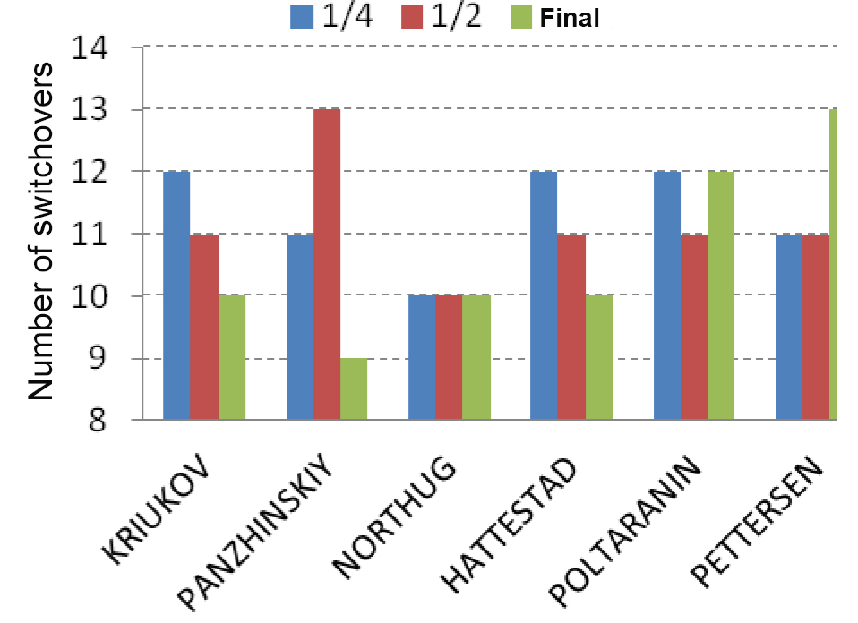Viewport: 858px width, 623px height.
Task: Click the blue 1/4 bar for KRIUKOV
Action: [x=176, y=295]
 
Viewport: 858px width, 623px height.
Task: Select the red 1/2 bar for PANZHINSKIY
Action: [x=327, y=264]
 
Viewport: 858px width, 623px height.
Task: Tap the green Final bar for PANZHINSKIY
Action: [x=354, y=388]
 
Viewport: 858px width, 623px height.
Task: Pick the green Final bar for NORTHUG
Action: [x=476, y=357]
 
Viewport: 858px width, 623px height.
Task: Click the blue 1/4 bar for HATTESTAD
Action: [x=544, y=295]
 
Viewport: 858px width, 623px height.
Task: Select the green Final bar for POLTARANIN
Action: [x=720, y=295]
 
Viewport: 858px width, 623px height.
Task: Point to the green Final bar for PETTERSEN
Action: [x=834, y=264]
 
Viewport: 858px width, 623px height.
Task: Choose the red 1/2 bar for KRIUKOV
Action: [x=204, y=326]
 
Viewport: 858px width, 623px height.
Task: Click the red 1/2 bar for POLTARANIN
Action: [x=693, y=326]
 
